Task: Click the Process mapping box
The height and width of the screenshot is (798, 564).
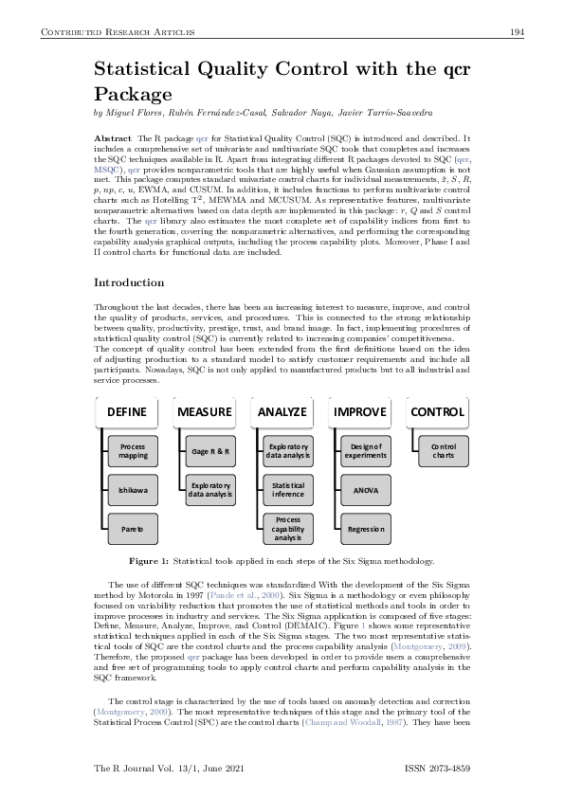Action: click(x=134, y=451)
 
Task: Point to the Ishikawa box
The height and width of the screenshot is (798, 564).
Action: click(x=134, y=490)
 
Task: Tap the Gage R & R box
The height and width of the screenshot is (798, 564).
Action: click(x=211, y=451)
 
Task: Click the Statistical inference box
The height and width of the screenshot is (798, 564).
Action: click(x=288, y=490)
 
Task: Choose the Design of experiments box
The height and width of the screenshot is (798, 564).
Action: click(x=366, y=451)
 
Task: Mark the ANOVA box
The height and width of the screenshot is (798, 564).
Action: click(x=366, y=490)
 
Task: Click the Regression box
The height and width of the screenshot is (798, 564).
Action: click(x=366, y=528)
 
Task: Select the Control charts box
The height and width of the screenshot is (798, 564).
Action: click(x=443, y=451)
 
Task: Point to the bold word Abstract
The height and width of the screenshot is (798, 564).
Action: click(x=113, y=138)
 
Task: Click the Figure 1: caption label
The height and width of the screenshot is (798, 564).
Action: click(x=149, y=562)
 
